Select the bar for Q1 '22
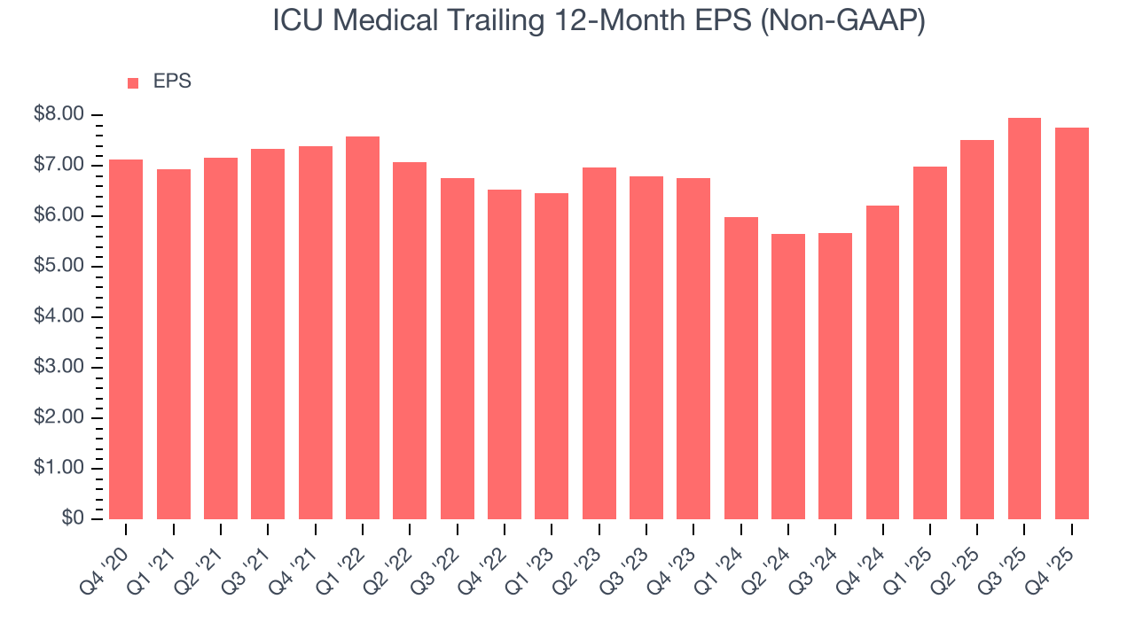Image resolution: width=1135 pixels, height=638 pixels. pyautogui.click(x=363, y=328)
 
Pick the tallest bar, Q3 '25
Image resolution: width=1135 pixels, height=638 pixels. pyautogui.click(x=1024, y=319)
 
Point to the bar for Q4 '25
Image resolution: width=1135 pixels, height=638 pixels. pyautogui.click(x=1071, y=323)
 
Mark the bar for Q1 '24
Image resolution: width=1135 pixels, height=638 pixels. pyautogui.click(x=740, y=368)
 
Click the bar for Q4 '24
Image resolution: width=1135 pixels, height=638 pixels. pyautogui.click(x=882, y=362)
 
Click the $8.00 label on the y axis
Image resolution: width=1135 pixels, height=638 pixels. pyautogui.click(x=59, y=115)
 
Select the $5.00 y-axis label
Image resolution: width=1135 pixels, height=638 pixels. pyautogui.click(x=59, y=267)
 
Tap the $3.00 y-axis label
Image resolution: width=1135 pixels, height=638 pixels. pyautogui.click(x=59, y=368)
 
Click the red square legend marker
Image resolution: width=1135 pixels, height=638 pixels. pyautogui.click(x=133, y=82)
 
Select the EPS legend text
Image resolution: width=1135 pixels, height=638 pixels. pyautogui.click(x=172, y=82)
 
